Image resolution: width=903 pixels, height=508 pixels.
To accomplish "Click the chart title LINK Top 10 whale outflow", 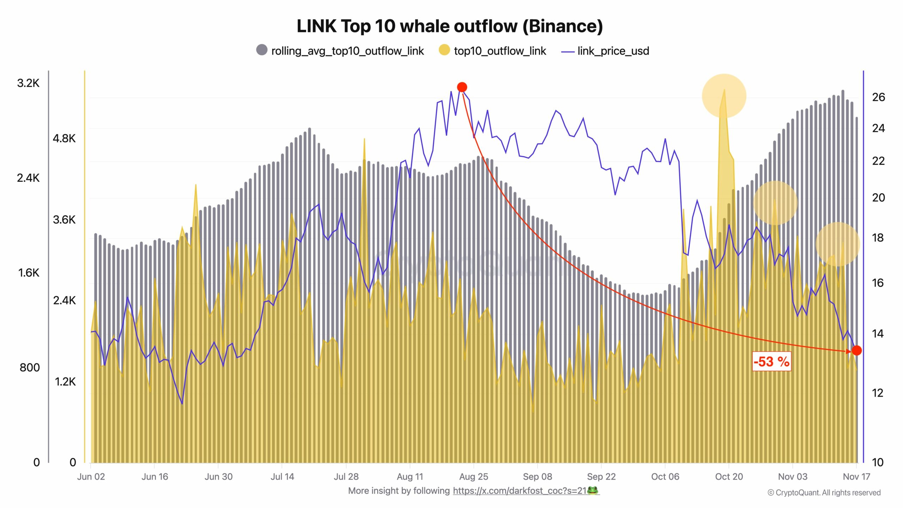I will (450, 26).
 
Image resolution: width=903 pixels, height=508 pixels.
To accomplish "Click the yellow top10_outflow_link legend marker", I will (444, 50).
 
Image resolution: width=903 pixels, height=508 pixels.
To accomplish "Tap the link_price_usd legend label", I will (613, 51).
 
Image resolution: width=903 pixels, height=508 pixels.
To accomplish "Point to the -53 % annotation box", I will (771, 362).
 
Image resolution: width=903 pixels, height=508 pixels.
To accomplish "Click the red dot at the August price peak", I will (462, 87).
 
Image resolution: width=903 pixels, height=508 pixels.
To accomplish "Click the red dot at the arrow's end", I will (857, 350).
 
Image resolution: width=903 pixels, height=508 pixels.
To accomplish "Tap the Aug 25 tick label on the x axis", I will (473, 477).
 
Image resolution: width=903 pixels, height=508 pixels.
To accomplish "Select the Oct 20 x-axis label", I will (729, 477).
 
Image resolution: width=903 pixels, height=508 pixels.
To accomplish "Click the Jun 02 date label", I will (91, 477).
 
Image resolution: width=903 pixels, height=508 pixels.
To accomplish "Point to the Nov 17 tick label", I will (856, 477).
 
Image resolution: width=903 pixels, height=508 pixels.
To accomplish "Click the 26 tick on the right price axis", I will (878, 97).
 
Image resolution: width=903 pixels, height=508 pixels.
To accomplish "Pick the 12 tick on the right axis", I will (878, 393).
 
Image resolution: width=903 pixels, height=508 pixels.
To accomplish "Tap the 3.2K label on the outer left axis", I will (28, 83).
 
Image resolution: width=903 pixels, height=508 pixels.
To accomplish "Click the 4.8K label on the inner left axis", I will (64, 138).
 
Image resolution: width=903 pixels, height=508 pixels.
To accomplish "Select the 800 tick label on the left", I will (30, 368).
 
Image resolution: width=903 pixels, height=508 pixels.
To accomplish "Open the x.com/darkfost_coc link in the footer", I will (519, 491).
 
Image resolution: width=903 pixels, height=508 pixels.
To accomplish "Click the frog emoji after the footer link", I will (593, 490).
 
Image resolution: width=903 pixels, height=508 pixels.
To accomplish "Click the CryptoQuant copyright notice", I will (824, 492).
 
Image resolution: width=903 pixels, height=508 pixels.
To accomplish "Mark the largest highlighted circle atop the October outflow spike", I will (724, 96).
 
